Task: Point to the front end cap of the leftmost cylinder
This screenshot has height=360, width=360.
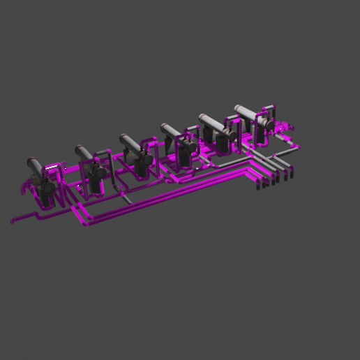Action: coord(30,162)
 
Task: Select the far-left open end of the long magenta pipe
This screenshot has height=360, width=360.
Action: coord(12,222)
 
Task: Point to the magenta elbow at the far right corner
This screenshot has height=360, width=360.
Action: coord(300,148)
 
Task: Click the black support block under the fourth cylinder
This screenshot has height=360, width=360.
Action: coord(183,155)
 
